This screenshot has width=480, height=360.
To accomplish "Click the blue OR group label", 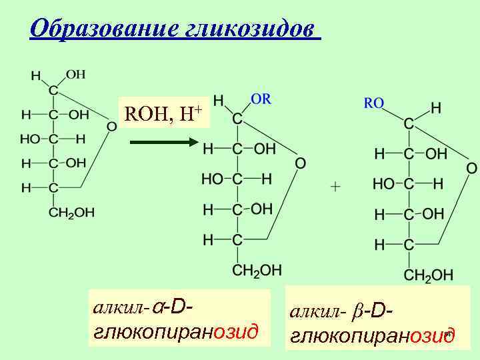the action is click(x=261, y=98).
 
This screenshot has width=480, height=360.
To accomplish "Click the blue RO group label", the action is click(x=373, y=103).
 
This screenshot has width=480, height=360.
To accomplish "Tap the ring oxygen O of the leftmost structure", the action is click(x=112, y=126).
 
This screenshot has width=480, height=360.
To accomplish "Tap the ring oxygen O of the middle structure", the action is click(x=300, y=163).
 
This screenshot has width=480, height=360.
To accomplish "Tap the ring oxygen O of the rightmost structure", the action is click(x=471, y=167).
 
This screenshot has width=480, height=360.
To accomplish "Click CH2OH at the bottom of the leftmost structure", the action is click(x=71, y=213).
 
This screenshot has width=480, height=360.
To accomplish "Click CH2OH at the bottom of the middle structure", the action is click(x=257, y=269).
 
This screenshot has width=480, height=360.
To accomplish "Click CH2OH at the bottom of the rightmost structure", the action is click(x=429, y=274).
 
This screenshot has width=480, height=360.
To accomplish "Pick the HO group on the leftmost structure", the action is click(x=30, y=139).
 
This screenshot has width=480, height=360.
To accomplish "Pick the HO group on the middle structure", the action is click(x=213, y=179).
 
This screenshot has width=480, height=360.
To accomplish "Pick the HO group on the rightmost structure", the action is click(x=385, y=183).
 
